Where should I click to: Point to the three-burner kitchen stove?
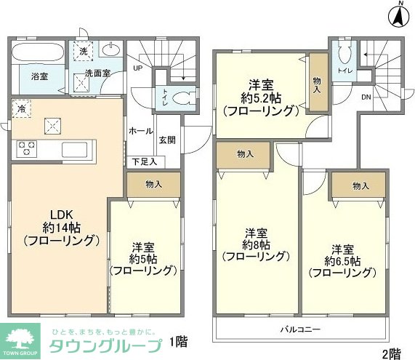click(x=28, y=148)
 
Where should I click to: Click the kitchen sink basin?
click(x=75, y=150)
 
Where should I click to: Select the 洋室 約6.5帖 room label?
click(x=342, y=260)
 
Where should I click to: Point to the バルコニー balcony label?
click(x=300, y=329)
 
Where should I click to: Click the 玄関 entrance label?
click(x=167, y=139)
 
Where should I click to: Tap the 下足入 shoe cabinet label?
click(x=143, y=161)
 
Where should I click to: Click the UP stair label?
click(x=137, y=70)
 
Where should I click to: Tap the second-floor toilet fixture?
click(x=345, y=54)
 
